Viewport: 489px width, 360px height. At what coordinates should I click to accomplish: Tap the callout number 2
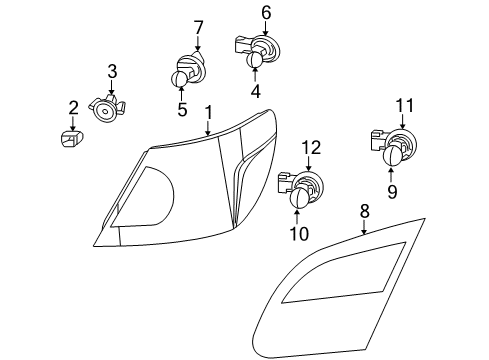click(73, 107)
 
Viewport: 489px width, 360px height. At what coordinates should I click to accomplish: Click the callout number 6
click(266, 12)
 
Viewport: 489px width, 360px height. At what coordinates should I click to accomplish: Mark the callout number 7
click(198, 27)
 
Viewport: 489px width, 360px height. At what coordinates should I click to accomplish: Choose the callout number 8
click(364, 212)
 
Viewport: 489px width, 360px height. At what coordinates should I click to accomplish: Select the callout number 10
click(300, 234)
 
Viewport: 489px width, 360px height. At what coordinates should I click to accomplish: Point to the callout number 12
click(311, 148)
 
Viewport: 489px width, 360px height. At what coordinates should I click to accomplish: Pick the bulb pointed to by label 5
click(181, 80)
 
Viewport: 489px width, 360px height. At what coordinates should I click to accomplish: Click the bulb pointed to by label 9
click(392, 155)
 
